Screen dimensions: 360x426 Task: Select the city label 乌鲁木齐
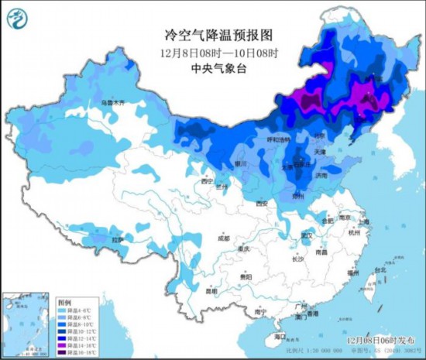click(112, 102)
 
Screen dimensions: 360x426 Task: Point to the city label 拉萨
click(118, 240)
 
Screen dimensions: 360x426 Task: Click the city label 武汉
click(307, 235)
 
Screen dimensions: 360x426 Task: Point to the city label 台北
click(379, 270)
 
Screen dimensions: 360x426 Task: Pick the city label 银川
click(241, 164)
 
